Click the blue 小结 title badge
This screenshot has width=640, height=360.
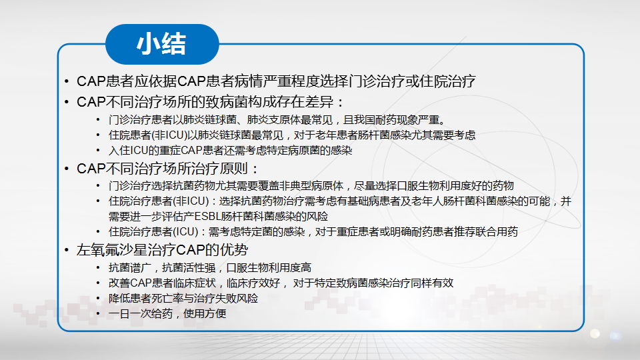(162, 44)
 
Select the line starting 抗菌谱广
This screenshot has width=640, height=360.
(210, 268)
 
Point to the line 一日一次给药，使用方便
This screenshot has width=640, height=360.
(167, 313)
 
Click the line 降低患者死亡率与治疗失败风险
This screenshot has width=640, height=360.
(183, 299)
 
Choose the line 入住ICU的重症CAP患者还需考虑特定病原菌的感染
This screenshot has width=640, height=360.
(230, 151)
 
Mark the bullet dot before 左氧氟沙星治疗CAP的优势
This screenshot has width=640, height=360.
(67, 250)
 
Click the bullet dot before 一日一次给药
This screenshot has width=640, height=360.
(98, 313)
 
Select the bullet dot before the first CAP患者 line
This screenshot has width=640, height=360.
(67, 81)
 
